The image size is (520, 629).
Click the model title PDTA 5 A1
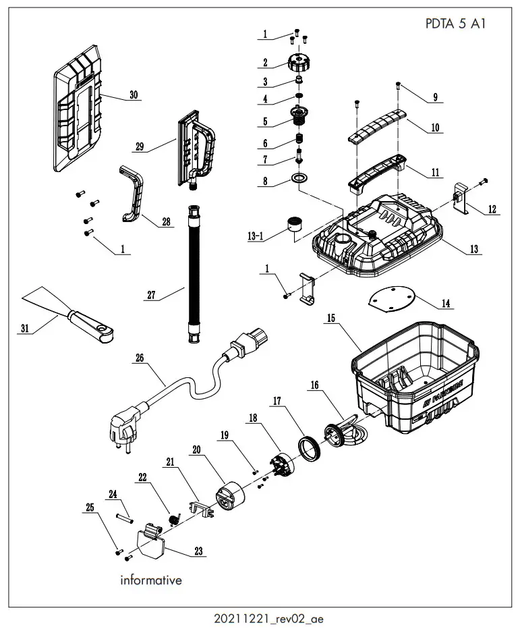[x=456, y=23]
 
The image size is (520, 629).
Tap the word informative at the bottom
[x=150, y=580]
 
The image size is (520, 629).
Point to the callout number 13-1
[x=256, y=236]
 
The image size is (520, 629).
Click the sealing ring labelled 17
[x=310, y=447]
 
